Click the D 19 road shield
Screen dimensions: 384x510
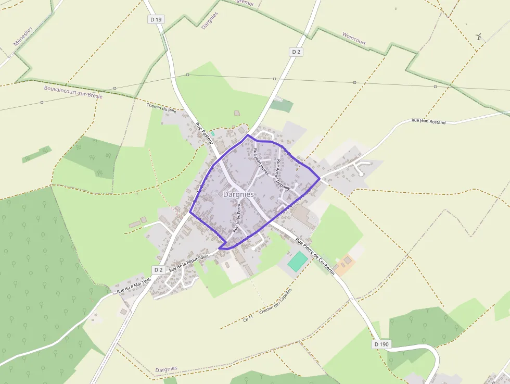coord(156,19)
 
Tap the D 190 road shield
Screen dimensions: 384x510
coord(381,345)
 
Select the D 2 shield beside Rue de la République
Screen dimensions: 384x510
coord(159,269)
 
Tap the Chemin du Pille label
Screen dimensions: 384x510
coord(162,109)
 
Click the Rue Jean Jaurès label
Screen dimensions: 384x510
coord(260,162)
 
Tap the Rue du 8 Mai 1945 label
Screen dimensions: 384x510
coord(134,285)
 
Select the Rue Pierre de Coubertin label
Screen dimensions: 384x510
coord(314,257)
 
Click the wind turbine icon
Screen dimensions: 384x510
coord(479,37)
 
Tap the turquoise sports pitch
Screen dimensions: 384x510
coord(298,261)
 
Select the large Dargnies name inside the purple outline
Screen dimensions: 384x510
coord(238,194)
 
